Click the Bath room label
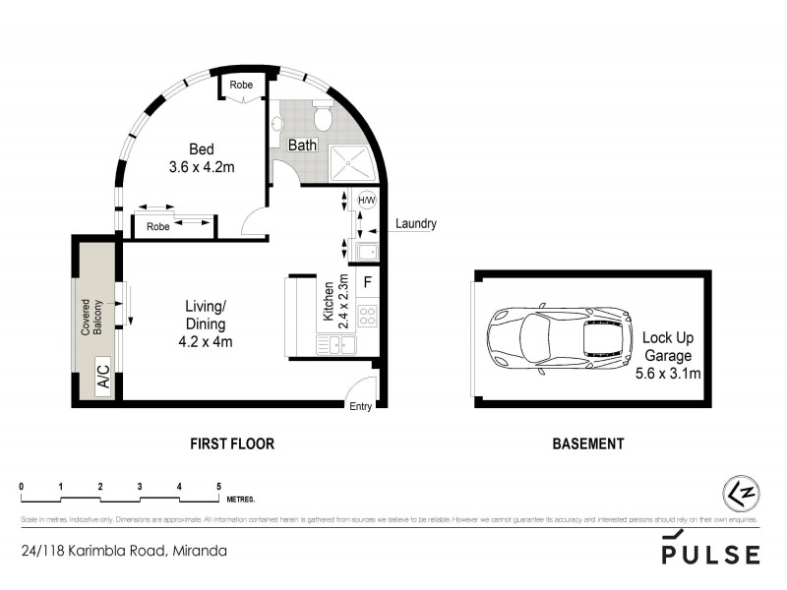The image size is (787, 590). pyautogui.click(x=300, y=146)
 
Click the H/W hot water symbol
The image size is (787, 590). pyautogui.click(x=367, y=200)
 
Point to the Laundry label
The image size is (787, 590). pyautogui.click(x=415, y=224)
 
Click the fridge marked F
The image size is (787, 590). pyautogui.click(x=367, y=282)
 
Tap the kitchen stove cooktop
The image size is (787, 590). pyautogui.click(x=367, y=316)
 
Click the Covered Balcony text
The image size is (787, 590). pyautogui.click(x=91, y=318)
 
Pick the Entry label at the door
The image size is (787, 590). pyautogui.click(x=360, y=407)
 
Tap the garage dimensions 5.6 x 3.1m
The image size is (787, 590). pyautogui.click(x=669, y=373)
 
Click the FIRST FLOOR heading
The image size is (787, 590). pyautogui.click(x=231, y=444)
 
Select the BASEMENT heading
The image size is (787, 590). pyautogui.click(x=587, y=444)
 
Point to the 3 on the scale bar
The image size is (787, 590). pyautogui.click(x=140, y=487)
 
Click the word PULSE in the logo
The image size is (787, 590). pyautogui.click(x=709, y=555)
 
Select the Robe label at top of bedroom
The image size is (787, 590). pyautogui.click(x=241, y=86)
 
